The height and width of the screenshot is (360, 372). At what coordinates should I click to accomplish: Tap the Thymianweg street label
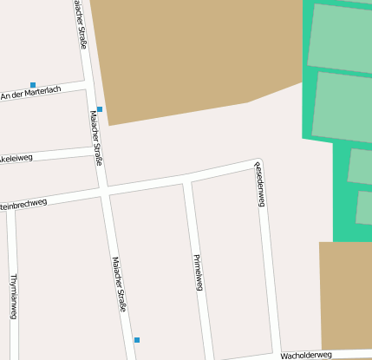13,296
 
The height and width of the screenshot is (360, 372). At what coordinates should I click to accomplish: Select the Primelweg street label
199,272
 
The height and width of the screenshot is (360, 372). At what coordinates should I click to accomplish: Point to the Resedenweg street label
259,183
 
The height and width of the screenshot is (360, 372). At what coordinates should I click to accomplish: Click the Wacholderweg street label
306,355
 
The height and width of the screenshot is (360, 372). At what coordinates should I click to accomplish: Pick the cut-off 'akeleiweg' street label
16,159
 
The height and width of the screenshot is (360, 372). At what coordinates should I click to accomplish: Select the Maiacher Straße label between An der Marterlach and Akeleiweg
96,137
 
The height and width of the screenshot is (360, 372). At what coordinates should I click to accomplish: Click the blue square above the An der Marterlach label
33,85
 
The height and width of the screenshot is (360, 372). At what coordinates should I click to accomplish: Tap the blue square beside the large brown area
100,109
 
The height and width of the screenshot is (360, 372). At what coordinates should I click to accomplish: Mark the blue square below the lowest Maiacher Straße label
136,339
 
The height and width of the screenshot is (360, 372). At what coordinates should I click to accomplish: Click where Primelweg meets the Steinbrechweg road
186,180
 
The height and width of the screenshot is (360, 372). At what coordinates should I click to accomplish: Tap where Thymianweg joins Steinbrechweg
12,208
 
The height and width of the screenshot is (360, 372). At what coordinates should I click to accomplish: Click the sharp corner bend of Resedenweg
256,161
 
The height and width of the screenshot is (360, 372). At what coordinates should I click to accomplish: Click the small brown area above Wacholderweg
345,295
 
